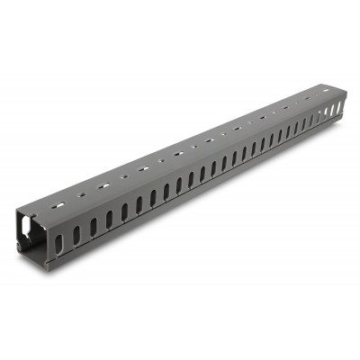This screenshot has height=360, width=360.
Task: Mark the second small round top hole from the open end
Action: (124, 173)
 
